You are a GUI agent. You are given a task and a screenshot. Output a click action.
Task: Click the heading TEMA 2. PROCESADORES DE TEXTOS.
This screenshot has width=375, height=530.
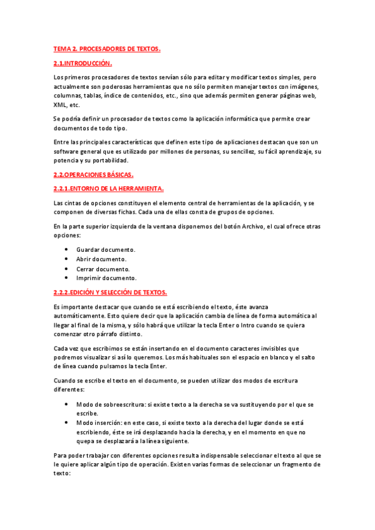(107, 48)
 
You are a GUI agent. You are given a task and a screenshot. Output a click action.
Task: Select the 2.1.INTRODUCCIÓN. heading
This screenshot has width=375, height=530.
(83, 63)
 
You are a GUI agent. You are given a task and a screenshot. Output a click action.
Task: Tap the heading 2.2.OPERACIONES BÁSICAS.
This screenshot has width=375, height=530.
(94, 174)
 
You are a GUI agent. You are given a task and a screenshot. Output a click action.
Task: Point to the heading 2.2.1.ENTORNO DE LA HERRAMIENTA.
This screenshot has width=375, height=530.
(109, 189)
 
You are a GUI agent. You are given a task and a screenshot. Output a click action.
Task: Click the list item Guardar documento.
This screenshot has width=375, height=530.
(106, 249)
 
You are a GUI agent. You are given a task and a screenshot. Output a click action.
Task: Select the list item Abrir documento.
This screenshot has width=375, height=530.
(101, 259)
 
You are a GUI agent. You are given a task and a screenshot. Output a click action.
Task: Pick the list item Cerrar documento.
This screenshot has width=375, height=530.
(103, 268)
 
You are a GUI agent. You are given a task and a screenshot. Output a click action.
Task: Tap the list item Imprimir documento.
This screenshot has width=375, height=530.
(106, 277)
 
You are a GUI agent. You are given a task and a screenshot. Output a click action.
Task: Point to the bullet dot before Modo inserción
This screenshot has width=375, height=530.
(66, 422)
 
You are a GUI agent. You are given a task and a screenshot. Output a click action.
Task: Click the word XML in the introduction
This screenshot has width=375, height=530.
(61, 105)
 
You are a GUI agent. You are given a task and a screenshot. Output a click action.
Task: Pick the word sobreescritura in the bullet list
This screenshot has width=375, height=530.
(128, 404)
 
